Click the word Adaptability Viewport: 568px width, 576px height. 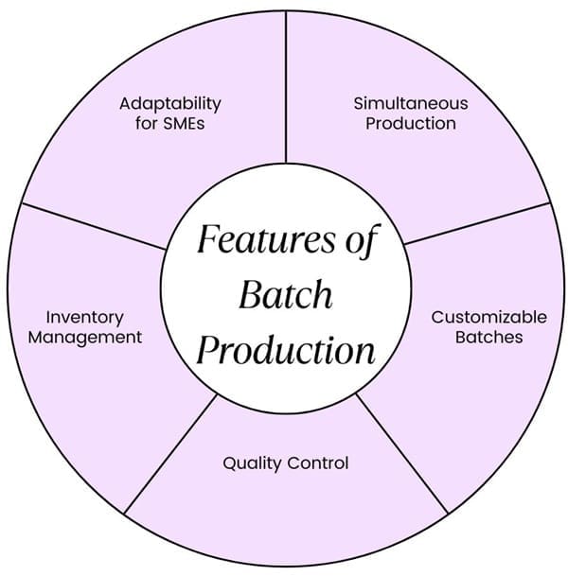[x=170, y=103]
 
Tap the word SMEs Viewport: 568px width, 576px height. [x=186, y=124]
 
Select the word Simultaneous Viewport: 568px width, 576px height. [x=411, y=103]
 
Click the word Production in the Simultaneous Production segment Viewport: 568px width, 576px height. [x=411, y=124]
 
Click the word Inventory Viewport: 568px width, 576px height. [x=84, y=317]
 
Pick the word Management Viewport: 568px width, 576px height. [x=84, y=337]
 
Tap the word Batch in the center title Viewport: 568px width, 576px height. [x=285, y=295]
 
